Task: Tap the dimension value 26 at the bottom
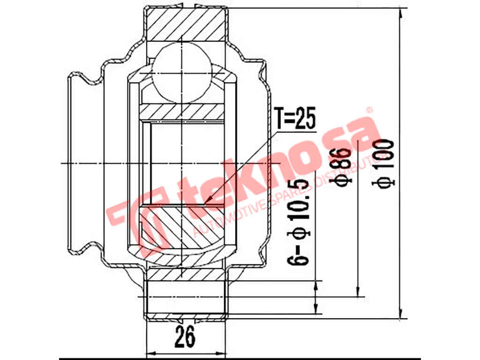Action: (186, 337)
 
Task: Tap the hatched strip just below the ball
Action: (181, 111)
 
